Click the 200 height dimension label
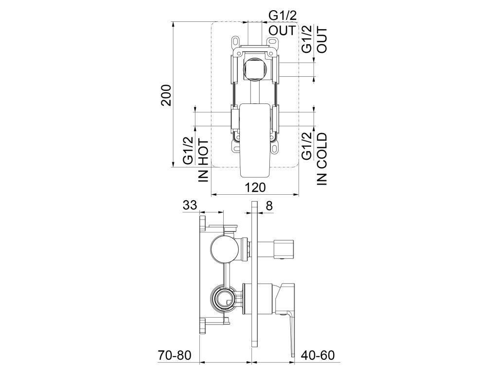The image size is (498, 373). point(166,95)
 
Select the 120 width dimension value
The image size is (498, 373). point(255,187)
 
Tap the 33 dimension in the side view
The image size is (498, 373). point(190,205)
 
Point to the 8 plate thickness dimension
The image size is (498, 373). point(269,206)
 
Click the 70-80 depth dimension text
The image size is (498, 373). point(175,355)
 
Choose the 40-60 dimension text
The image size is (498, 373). point(318,355)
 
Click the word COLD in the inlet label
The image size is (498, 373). point(322,151)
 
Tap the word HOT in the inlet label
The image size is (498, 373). point(203,152)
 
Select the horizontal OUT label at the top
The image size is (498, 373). point(283,31)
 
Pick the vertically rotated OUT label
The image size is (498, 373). point(322,40)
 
